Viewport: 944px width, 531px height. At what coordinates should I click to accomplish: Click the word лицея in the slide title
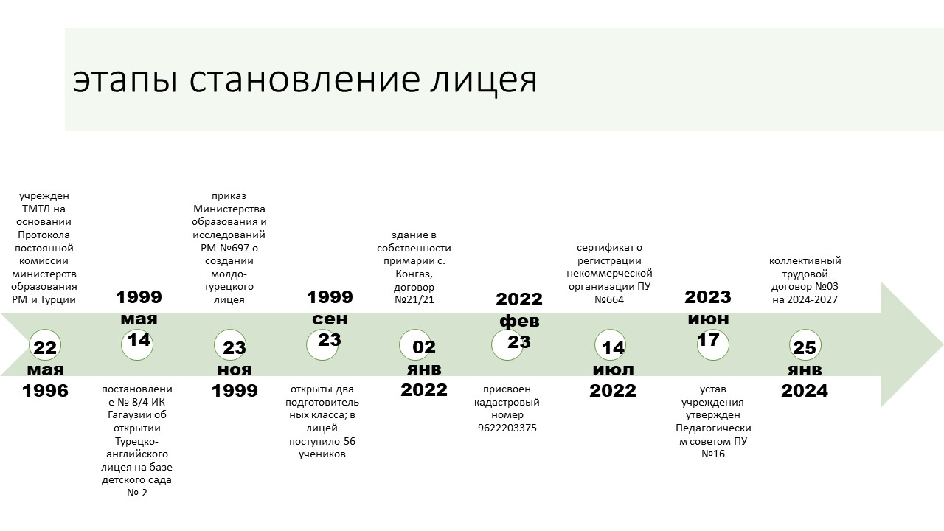click(x=483, y=80)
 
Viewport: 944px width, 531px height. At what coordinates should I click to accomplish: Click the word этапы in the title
click(x=125, y=81)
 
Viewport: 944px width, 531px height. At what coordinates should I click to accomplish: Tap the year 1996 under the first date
click(x=45, y=391)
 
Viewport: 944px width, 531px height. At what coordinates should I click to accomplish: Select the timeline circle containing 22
click(x=45, y=345)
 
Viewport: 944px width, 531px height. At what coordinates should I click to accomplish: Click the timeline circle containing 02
click(x=415, y=344)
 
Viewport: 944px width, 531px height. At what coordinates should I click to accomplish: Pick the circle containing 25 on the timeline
click(x=805, y=345)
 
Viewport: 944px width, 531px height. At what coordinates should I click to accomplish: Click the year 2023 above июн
click(x=708, y=297)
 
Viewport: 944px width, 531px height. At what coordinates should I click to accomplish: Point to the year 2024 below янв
click(x=805, y=391)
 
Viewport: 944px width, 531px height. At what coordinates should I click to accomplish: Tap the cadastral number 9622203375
click(x=507, y=428)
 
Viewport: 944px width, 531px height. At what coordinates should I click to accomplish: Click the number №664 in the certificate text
click(x=609, y=299)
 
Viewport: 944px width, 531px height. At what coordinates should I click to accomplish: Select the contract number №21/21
click(x=414, y=299)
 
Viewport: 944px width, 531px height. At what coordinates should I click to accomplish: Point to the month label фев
click(x=519, y=321)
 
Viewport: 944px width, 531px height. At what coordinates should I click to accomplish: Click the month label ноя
click(x=235, y=370)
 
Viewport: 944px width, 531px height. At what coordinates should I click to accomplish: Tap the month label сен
click(x=330, y=319)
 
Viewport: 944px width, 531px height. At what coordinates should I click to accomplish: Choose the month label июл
click(x=613, y=370)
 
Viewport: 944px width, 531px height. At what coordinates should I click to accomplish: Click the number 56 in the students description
click(x=350, y=441)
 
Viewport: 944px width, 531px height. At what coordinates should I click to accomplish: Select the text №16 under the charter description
click(x=713, y=454)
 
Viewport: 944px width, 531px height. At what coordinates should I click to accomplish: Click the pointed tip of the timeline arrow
click(x=943, y=344)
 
